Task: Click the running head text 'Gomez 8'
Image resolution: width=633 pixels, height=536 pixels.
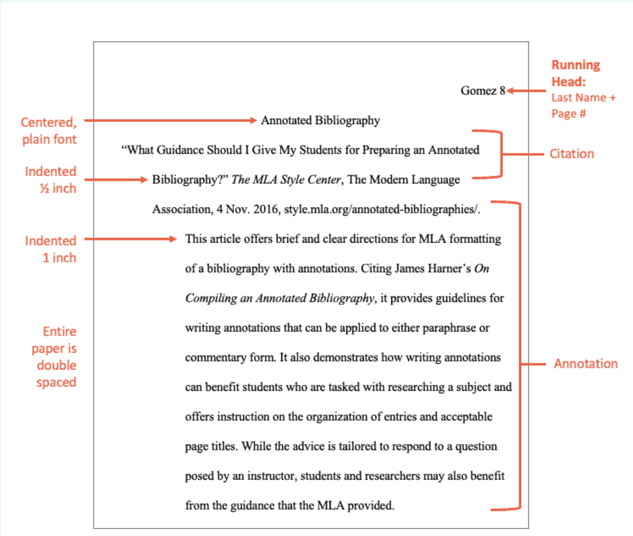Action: pyautogui.click(x=482, y=91)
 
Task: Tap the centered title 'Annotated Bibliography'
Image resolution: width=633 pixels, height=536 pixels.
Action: pyautogui.click(x=320, y=120)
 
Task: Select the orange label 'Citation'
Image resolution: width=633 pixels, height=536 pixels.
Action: pyautogui.click(x=572, y=154)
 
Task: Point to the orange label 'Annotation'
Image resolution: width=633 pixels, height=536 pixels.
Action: pyautogui.click(x=585, y=364)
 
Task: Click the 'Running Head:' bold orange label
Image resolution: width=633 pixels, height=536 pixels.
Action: pyautogui.click(x=576, y=73)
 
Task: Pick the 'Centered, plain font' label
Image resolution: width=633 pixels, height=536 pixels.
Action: pyautogui.click(x=49, y=131)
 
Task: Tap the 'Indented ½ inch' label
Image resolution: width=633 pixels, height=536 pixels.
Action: pyautogui.click(x=51, y=179)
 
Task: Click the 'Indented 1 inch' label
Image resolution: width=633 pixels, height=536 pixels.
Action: pyautogui.click(x=51, y=249)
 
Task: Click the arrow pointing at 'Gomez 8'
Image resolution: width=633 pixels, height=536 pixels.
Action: pyautogui.click(x=526, y=91)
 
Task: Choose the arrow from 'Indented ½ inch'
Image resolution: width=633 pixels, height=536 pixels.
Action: pyautogui.click(x=116, y=179)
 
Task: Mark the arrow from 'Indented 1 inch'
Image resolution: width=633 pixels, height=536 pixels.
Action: pyautogui.click(x=130, y=239)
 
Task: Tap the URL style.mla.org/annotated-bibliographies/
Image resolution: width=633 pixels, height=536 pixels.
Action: pyautogui.click(x=382, y=209)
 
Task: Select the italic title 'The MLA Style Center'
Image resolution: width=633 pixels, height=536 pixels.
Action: pyautogui.click(x=286, y=180)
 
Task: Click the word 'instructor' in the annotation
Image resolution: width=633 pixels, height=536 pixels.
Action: pyautogui.click(x=271, y=476)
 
